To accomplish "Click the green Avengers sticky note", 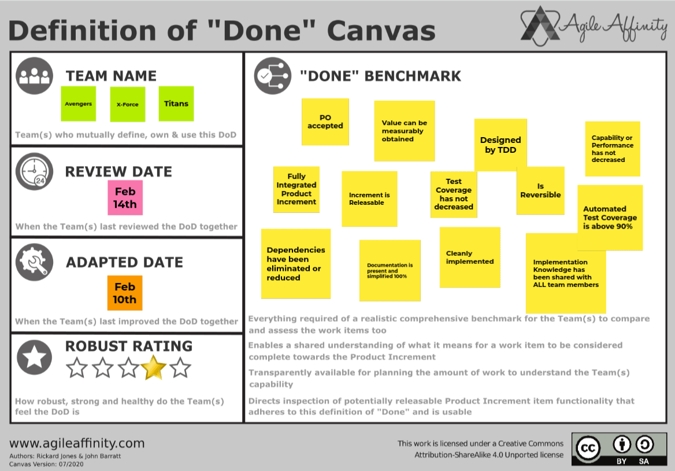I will point(78,104).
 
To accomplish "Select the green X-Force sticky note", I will point(127,104).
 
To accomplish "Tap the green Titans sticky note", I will point(176,104).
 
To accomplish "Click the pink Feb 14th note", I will point(125,197).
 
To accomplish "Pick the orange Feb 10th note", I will point(125,293).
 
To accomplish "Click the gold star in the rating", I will point(154,367).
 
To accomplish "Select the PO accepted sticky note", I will point(325,122).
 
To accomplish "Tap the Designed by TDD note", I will point(500,145).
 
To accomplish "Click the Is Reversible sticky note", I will point(540,190).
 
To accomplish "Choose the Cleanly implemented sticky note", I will point(470,257).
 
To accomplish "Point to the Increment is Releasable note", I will point(369,198).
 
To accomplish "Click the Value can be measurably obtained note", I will point(404,131).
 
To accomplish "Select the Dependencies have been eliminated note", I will point(296,264).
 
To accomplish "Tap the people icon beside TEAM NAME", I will point(34,76).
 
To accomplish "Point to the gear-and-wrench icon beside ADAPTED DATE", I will point(34,262).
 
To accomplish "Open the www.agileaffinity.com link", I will point(77,444).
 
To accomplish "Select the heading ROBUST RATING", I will point(129,346).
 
